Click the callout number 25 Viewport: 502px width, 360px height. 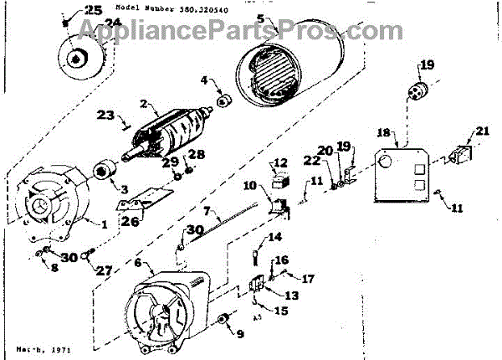(93, 11)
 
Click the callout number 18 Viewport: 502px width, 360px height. (382, 132)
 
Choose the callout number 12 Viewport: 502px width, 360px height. (280, 162)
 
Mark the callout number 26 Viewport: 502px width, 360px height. (127, 222)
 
